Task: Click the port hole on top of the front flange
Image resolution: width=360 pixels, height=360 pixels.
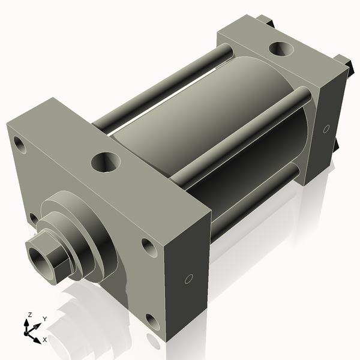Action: [106, 161]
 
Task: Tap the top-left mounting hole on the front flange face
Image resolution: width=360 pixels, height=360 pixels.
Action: [20, 145]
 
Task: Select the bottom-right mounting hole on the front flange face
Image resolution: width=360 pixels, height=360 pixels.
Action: [154, 322]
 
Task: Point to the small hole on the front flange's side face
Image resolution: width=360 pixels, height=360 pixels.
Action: [188, 279]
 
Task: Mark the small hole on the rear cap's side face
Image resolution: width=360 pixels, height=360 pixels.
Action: [326, 128]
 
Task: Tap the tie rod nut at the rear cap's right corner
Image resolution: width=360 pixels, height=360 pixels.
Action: [344, 62]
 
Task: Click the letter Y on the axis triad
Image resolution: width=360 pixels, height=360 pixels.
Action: [44, 319]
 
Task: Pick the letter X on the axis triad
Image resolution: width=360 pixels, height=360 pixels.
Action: [44, 340]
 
